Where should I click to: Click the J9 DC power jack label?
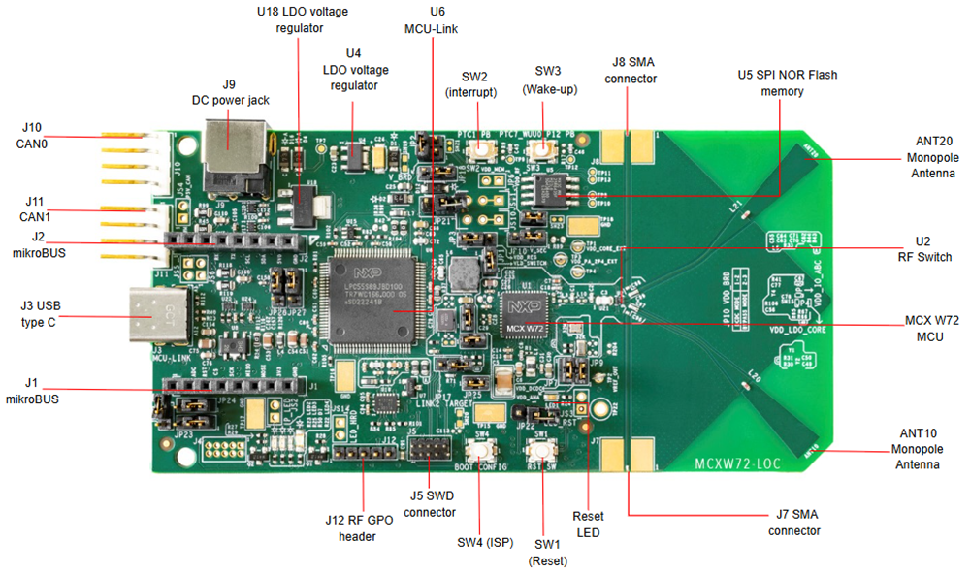(x=230, y=92)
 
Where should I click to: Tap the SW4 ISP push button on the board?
(x=482, y=453)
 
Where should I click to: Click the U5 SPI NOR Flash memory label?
(x=787, y=82)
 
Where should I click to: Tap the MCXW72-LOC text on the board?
(x=738, y=463)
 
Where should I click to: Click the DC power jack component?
(x=229, y=145)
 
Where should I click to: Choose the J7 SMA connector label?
(x=793, y=523)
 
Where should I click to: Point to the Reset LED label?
(x=588, y=524)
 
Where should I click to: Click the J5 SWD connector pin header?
(x=428, y=450)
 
